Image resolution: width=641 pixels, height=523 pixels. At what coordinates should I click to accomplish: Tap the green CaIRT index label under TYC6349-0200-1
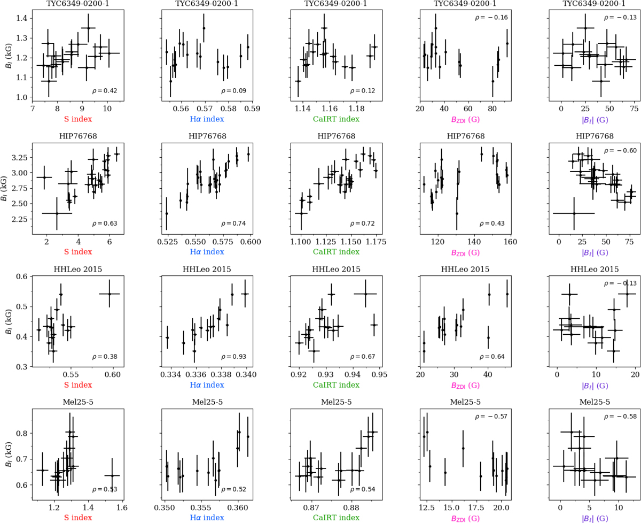click(x=335, y=118)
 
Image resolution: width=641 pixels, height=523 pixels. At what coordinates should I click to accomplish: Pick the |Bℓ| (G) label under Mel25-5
click(x=594, y=518)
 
